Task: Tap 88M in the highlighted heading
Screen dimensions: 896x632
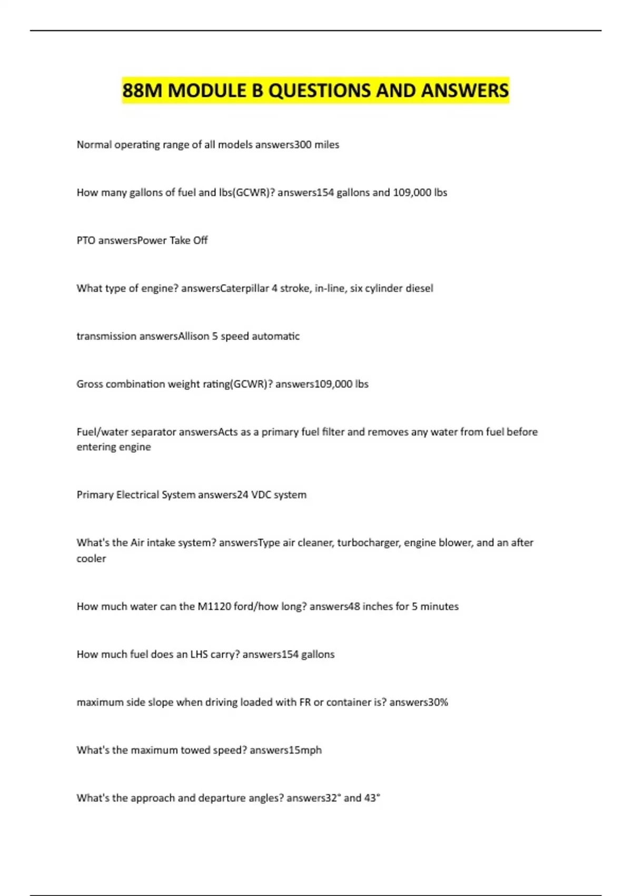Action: click(x=142, y=91)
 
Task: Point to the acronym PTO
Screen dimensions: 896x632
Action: click(x=86, y=240)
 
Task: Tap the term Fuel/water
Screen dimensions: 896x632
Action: click(x=100, y=432)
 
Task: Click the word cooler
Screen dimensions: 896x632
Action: click(x=91, y=559)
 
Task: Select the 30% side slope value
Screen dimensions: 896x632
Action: click(x=438, y=703)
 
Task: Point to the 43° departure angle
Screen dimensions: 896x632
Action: click(x=372, y=798)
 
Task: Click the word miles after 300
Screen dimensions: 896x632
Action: click(x=327, y=145)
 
